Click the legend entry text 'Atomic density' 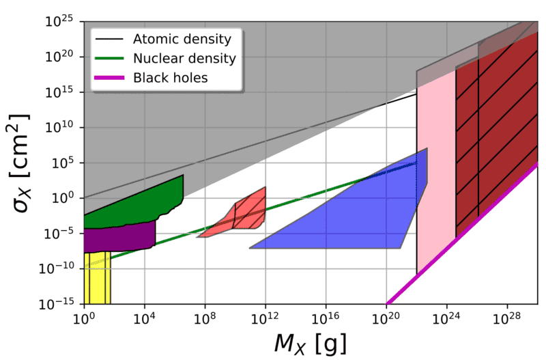pos(183,38)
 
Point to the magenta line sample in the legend pos(111,78)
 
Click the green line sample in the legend pos(111,58)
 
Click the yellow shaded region pos(97,280)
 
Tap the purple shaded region pos(119,236)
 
